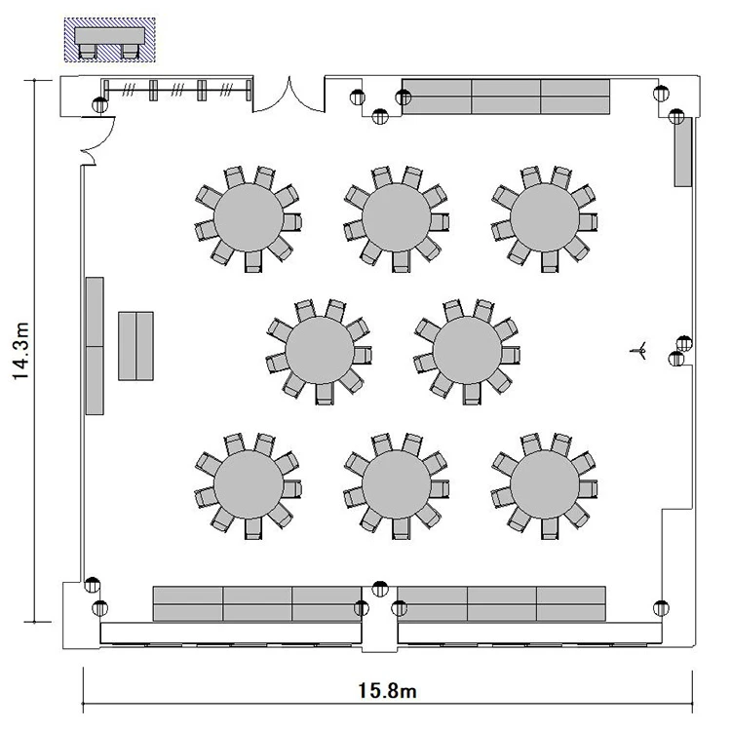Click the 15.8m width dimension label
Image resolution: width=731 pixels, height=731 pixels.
387,690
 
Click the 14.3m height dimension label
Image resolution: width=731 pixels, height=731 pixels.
21,351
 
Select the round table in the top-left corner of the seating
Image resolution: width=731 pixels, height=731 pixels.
249,217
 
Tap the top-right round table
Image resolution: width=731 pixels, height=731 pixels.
545,217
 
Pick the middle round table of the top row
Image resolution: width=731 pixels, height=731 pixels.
397,217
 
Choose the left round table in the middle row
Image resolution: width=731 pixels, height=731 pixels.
320,351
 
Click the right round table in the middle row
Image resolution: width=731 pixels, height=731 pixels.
467,351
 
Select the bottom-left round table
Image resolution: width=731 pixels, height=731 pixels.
249,484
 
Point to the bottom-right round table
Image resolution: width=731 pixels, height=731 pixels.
545,484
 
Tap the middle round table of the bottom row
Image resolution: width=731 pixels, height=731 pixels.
397,484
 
